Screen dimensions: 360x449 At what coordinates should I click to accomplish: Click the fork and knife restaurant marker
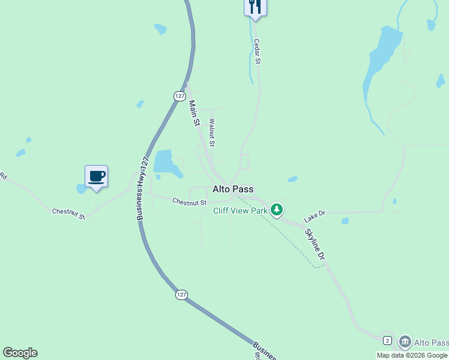click(x=255, y=7)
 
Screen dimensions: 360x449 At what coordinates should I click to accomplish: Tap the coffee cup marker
click(x=96, y=176)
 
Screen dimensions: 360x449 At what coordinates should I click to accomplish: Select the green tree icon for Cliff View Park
click(x=276, y=209)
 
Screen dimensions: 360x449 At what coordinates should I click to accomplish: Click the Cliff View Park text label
click(x=240, y=211)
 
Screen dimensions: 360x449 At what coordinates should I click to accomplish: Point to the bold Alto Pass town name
click(x=233, y=188)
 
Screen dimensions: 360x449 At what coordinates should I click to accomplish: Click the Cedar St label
click(x=257, y=52)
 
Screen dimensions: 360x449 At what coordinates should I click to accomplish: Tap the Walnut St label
click(x=212, y=132)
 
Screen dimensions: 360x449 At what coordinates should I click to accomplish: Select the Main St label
click(x=194, y=113)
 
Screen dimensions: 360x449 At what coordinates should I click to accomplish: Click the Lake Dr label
click(x=314, y=214)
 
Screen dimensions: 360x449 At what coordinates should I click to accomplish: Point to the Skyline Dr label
click(x=315, y=244)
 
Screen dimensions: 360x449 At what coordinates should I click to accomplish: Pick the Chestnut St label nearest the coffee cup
click(x=68, y=213)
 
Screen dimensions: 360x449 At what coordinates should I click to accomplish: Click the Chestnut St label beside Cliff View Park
click(x=189, y=202)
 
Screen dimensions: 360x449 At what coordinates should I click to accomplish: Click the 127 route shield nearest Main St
click(x=179, y=96)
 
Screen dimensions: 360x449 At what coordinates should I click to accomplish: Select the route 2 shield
click(x=388, y=341)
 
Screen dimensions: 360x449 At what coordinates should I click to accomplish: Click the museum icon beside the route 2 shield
click(x=405, y=342)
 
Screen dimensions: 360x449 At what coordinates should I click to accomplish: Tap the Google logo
click(x=20, y=353)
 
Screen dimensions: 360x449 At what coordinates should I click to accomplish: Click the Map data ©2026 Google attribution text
click(x=412, y=355)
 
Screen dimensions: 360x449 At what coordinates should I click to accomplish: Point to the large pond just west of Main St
click(x=166, y=163)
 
